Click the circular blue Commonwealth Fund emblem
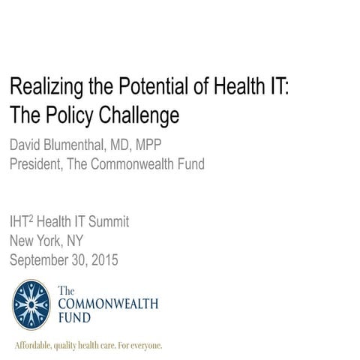tap(31, 305)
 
